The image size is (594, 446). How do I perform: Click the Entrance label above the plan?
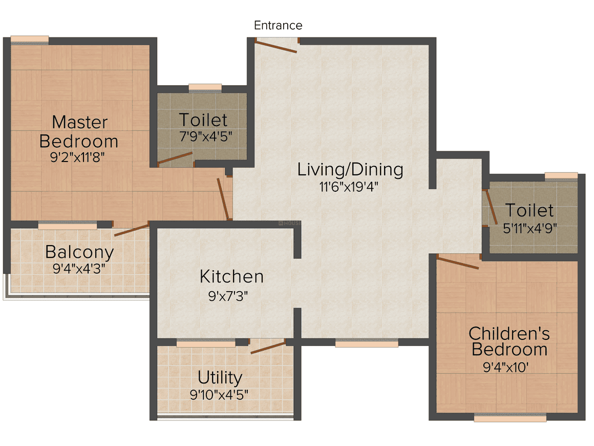[x=278, y=26]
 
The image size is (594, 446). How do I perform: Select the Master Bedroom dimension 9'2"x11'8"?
[x=78, y=157]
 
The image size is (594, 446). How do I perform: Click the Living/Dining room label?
[x=350, y=169]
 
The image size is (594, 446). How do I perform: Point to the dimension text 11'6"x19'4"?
[x=349, y=187]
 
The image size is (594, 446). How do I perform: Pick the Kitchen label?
[x=231, y=276]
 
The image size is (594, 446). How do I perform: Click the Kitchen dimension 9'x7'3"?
[x=228, y=296]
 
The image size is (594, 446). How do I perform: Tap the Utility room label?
[x=220, y=378]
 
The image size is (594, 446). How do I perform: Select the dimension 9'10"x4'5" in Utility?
[x=219, y=395]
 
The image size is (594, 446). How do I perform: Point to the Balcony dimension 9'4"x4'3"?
[x=79, y=269]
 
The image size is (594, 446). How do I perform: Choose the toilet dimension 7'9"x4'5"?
[x=206, y=136]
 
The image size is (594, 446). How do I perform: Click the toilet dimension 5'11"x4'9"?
[x=530, y=228]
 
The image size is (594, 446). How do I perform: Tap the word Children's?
[x=509, y=334]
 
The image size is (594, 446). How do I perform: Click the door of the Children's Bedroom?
[x=458, y=262]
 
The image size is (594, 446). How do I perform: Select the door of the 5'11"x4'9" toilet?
[x=492, y=207]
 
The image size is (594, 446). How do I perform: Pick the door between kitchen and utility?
[x=268, y=348]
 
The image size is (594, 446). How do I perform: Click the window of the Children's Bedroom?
[x=510, y=418]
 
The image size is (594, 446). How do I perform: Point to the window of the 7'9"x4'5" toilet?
[x=205, y=88]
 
